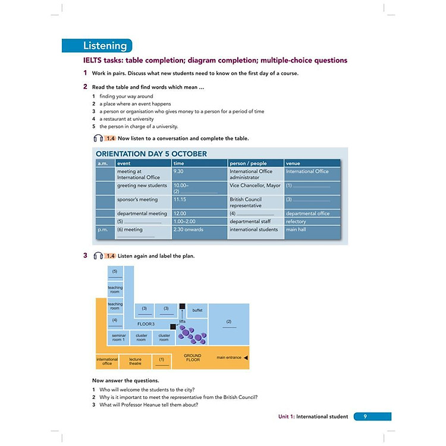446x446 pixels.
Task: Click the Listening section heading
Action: click(105, 46)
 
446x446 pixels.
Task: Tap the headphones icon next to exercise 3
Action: click(98, 256)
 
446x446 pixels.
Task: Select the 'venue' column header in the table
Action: click(293, 163)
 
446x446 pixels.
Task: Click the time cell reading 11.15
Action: click(180, 200)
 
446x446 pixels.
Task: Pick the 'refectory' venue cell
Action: click(297, 221)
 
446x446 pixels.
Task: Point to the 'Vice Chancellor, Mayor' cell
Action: click(255, 186)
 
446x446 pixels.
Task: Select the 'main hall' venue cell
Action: click(297, 230)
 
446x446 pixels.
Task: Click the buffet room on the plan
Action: click(197, 310)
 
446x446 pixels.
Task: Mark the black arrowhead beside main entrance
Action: click(246, 357)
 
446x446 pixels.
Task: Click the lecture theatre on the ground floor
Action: click(136, 360)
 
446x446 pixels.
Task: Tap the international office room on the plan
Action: click(108, 360)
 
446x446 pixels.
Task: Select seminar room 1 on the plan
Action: click(119, 337)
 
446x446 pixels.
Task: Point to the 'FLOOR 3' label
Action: click(146, 324)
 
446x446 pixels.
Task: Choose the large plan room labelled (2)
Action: click(229, 323)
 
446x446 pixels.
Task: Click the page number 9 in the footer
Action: click(365, 416)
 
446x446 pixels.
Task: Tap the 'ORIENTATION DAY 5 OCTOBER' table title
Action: click(152, 153)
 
